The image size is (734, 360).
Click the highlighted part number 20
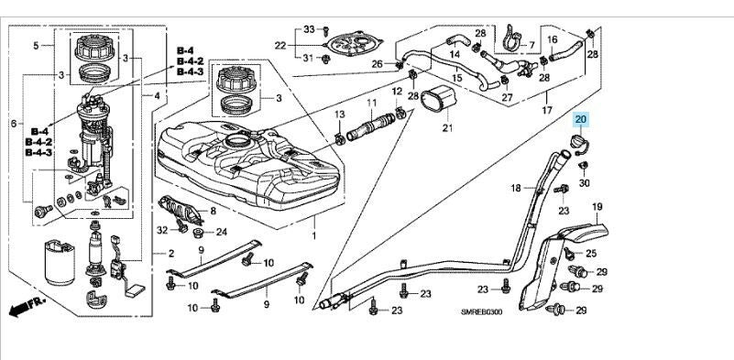(580, 119)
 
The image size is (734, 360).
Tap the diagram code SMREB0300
(481, 312)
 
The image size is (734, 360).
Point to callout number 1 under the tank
(314, 235)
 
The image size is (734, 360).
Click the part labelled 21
(440, 100)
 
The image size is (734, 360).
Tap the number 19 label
(597, 206)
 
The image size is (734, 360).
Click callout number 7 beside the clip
(531, 46)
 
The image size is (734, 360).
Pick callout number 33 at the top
(309, 29)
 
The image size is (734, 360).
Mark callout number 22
(279, 45)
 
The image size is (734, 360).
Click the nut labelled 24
(197, 233)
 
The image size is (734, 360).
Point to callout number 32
(162, 230)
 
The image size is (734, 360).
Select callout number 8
(213, 211)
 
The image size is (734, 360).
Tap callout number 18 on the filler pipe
(515, 188)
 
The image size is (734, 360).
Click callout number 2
(170, 254)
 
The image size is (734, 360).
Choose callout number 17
(547, 111)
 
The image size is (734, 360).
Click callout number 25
(591, 253)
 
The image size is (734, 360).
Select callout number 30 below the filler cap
(585, 183)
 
